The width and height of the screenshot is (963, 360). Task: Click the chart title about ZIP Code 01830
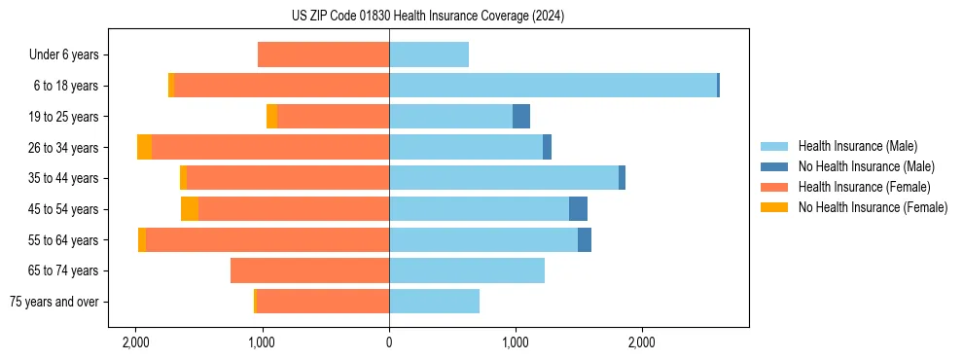click(x=427, y=17)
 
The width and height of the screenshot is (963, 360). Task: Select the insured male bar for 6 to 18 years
click(x=553, y=86)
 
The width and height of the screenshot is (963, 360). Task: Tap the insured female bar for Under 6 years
click(x=323, y=54)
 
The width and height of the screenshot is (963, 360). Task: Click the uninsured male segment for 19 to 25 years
click(x=521, y=117)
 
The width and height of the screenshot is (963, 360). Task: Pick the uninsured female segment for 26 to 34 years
click(x=144, y=147)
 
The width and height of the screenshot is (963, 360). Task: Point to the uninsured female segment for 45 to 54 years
click(x=190, y=208)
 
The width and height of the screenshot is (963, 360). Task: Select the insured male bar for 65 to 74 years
click(x=467, y=270)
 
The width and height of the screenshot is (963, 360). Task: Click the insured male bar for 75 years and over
click(x=434, y=302)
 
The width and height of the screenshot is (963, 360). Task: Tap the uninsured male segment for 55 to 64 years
click(x=585, y=239)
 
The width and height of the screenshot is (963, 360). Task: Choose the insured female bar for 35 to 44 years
click(x=287, y=178)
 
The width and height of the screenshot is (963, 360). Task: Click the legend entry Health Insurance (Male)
click(x=857, y=146)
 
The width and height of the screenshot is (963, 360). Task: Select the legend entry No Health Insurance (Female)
click(x=873, y=207)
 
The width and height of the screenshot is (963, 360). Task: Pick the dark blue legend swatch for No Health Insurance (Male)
click(x=774, y=166)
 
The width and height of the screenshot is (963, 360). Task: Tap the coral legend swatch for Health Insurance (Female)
click(x=774, y=187)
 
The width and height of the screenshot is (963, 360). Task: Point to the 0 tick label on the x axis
click(x=389, y=342)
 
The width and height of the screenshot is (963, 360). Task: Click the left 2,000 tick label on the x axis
click(x=135, y=342)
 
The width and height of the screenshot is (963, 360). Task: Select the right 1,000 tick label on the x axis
click(x=516, y=342)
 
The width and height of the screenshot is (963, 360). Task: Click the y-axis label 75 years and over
click(x=53, y=302)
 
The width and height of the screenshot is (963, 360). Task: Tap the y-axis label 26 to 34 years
click(x=63, y=147)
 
